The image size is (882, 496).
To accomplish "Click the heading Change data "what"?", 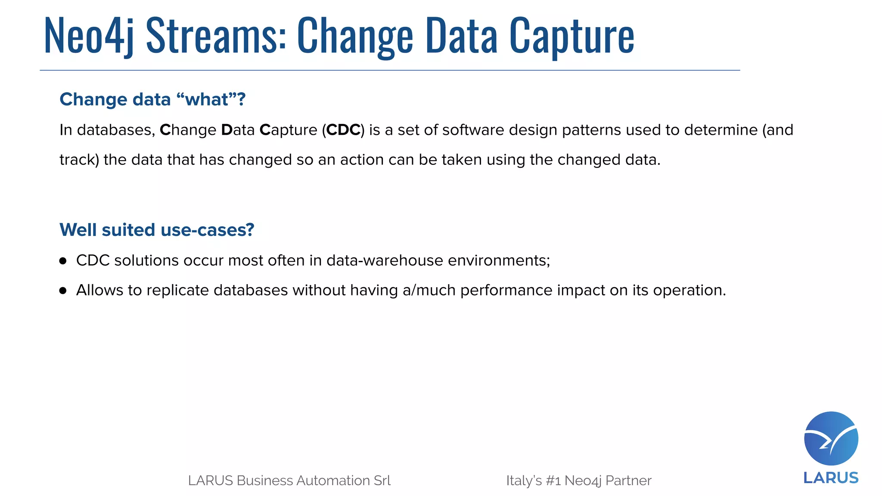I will (152, 99).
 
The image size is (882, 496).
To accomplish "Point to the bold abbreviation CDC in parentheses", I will (343, 130).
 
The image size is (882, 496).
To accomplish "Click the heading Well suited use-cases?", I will (157, 230).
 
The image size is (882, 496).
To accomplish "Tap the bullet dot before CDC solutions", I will (63, 261).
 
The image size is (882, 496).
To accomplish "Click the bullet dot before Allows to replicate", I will (63, 291).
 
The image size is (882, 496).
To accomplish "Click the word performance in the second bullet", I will (506, 291).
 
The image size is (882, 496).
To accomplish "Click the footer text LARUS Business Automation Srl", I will (289, 480).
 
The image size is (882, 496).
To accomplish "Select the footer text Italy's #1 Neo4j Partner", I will (579, 480).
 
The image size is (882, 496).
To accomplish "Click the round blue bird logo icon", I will (831, 438).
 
